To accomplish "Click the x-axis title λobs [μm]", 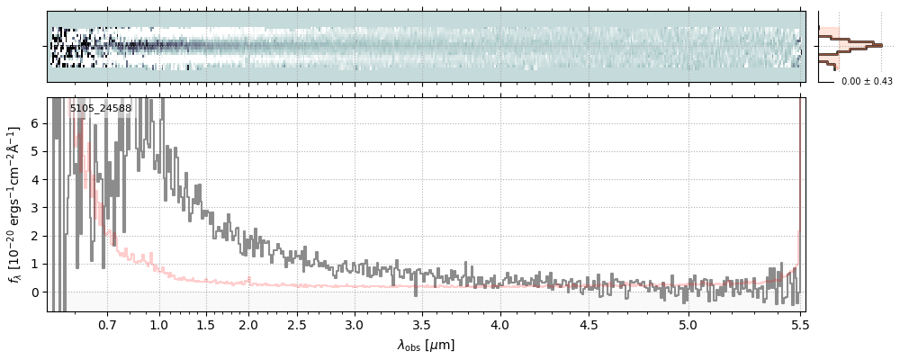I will pyautogui.click(x=426, y=345).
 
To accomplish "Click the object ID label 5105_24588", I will pyautogui.click(x=100, y=109).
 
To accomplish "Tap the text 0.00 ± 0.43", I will pyautogui.click(x=867, y=82).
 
